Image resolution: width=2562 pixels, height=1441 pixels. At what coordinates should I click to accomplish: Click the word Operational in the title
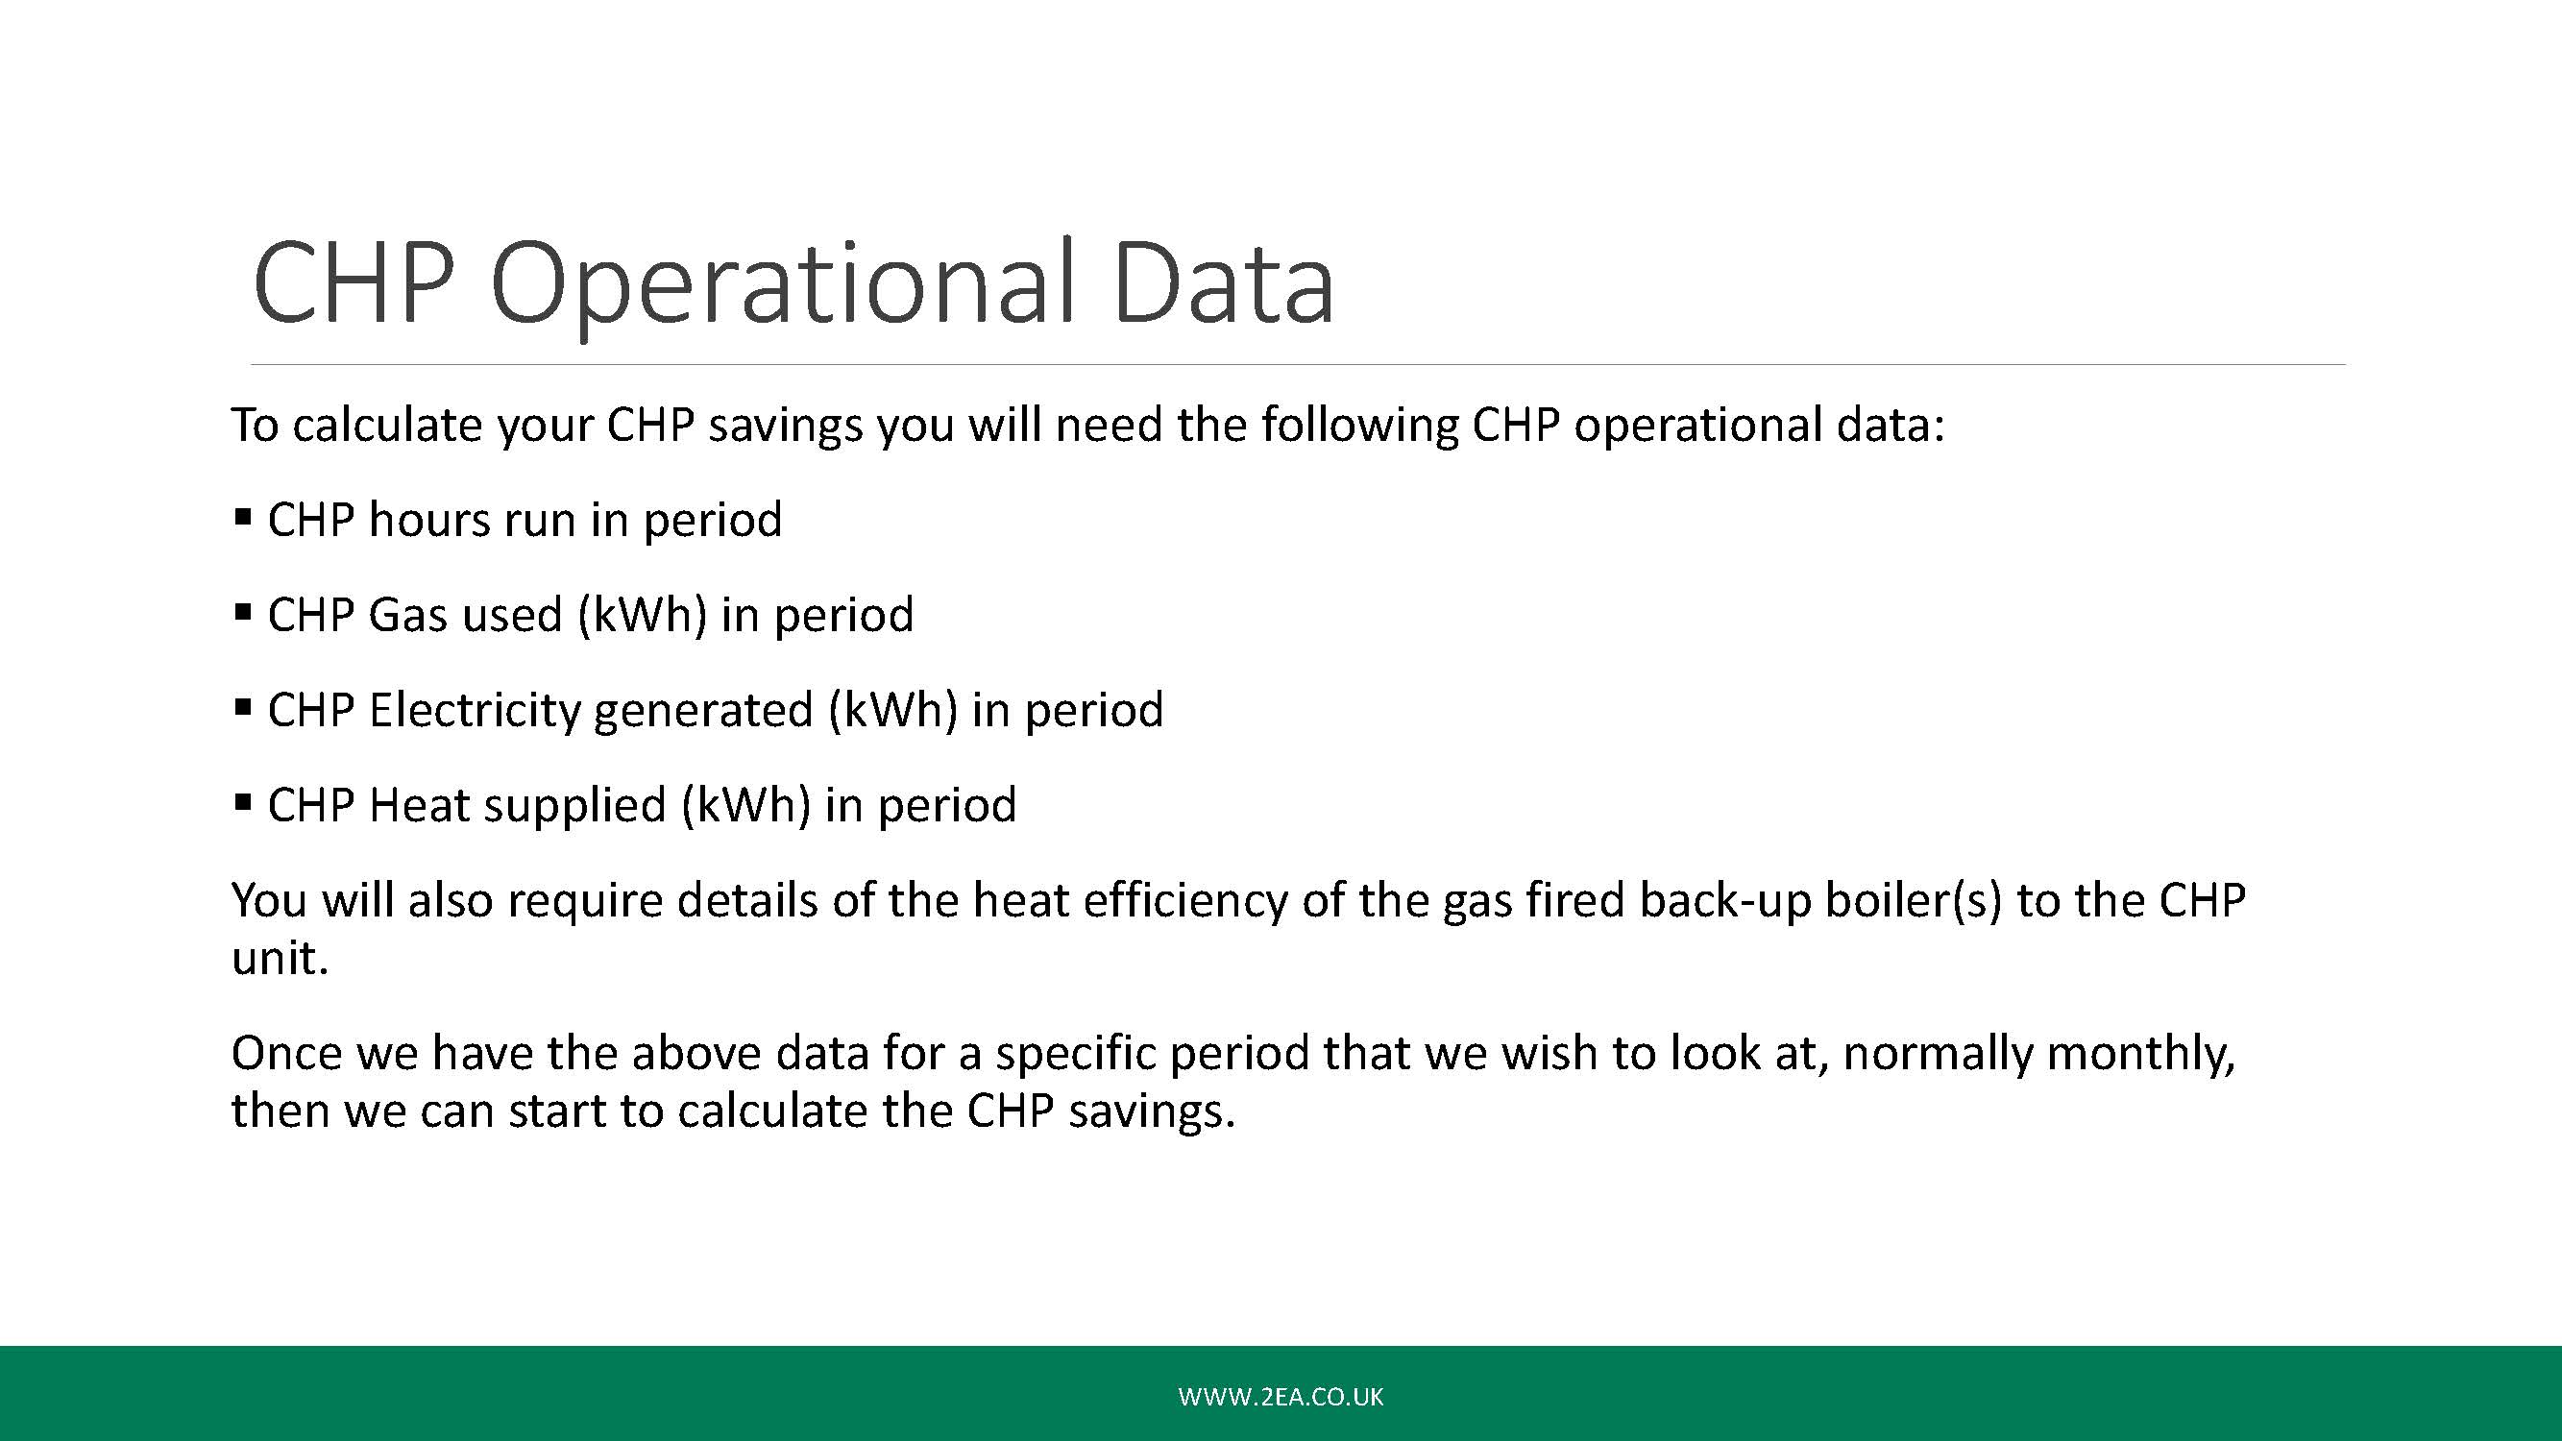click(783, 285)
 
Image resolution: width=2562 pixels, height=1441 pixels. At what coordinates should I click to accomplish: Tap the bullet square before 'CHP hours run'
click(242, 517)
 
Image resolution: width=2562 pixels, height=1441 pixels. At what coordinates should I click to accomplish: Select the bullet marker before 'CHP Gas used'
click(242, 613)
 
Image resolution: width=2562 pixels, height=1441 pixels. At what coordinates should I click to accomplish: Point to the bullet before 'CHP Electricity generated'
click(242, 708)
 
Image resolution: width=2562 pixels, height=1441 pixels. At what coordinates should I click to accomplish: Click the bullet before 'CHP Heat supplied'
click(242, 802)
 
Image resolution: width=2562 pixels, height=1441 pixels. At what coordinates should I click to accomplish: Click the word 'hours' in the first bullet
click(429, 519)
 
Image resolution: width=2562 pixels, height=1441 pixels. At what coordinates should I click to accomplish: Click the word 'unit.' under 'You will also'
click(280, 959)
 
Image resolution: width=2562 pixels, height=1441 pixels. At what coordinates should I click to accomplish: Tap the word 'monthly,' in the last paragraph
click(2139, 1054)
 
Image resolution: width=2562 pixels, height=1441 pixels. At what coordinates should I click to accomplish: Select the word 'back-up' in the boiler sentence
click(1724, 901)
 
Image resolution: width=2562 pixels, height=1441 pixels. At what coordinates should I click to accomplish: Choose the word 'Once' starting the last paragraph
click(287, 1053)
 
